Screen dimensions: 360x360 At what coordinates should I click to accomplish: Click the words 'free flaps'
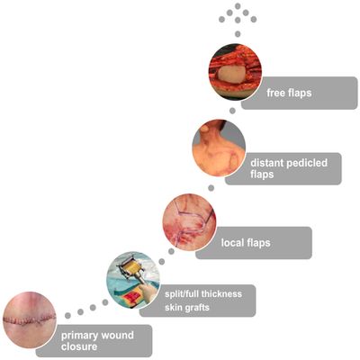289,93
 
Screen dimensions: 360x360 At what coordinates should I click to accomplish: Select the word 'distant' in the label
267,163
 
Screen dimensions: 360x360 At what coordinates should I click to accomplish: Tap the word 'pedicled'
307,163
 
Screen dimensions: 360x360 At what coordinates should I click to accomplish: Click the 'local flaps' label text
246,242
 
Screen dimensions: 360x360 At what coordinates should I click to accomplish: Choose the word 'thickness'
221,293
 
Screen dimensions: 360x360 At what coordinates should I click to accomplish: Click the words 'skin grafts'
187,308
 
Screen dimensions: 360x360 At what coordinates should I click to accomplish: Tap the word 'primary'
80,336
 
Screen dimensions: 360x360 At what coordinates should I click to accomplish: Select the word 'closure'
79,346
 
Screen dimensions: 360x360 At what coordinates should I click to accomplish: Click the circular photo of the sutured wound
30,319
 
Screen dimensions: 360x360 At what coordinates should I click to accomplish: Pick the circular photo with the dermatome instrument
133,280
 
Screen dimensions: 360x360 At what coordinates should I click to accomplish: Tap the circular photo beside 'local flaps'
189,222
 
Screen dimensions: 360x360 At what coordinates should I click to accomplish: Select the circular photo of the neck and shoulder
219,148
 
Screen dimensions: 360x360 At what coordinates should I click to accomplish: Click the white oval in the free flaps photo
230,74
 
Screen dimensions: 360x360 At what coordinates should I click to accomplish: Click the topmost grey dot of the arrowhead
238,6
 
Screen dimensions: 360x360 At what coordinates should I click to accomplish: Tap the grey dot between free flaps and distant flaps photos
232,111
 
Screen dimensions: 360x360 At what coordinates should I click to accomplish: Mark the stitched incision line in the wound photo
30,319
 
